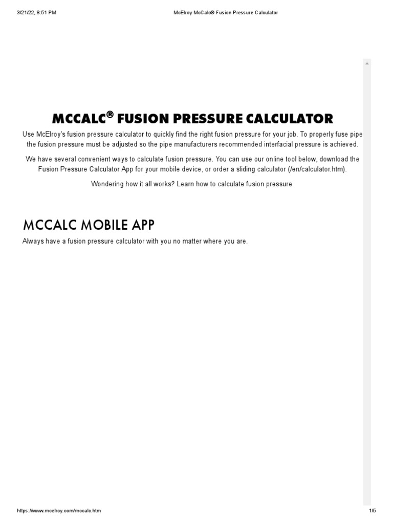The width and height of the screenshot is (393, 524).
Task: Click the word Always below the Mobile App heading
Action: tap(32, 242)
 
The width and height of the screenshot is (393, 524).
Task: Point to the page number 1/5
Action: tap(372, 511)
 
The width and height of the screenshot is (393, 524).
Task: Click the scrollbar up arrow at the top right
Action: tap(366, 63)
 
